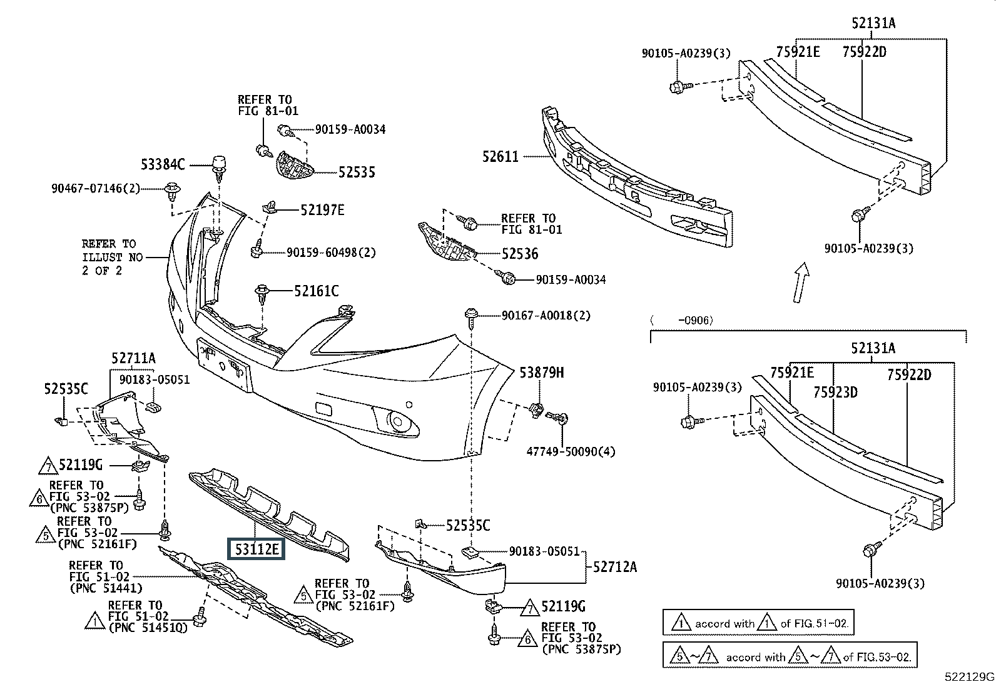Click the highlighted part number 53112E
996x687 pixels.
tap(255, 549)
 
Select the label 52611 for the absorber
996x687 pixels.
tap(500, 156)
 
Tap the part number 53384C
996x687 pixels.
tap(163, 164)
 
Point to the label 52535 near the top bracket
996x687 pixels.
tap(357, 172)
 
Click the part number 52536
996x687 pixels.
tap(519, 254)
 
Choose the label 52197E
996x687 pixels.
tap(322, 210)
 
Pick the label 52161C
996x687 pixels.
tap(317, 291)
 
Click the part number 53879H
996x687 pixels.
tap(542, 373)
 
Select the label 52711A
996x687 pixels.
tap(134, 358)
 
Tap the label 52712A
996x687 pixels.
tap(615, 567)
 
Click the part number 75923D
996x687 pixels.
tap(835, 393)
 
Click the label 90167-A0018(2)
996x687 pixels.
tap(546, 316)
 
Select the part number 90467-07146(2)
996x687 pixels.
tap(96, 188)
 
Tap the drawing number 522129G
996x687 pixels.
tap(969, 676)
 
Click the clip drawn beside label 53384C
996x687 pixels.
tap(219, 165)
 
